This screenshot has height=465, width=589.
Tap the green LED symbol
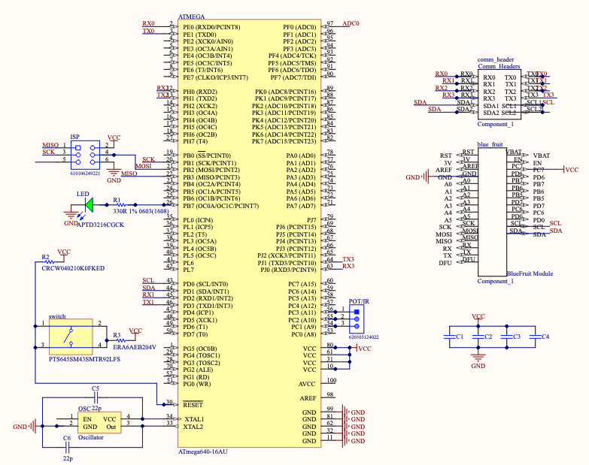click(89, 203)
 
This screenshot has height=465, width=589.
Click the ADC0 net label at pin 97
click(351, 24)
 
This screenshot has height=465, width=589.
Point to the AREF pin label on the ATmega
click(308, 397)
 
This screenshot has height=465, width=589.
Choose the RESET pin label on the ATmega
click(194, 404)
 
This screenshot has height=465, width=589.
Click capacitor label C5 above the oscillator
click(96, 388)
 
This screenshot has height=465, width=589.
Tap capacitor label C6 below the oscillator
click(67, 438)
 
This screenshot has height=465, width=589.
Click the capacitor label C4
click(545, 336)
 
